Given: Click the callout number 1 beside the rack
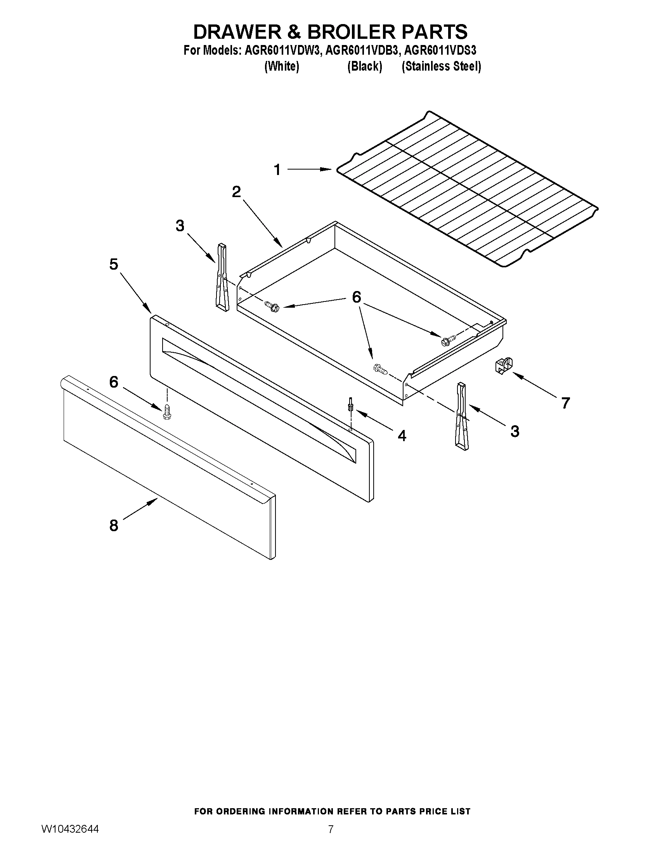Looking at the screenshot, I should (x=277, y=170).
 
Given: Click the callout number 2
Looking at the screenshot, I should (x=236, y=192).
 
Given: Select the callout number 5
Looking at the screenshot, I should (x=113, y=265).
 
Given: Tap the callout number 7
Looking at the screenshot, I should (x=565, y=402).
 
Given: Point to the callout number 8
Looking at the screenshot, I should (x=113, y=526).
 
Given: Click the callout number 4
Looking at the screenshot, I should (x=402, y=435).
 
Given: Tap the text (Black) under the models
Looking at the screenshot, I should (x=364, y=66).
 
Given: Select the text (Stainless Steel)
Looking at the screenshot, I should (x=442, y=66).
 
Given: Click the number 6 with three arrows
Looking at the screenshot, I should (x=356, y=298).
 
